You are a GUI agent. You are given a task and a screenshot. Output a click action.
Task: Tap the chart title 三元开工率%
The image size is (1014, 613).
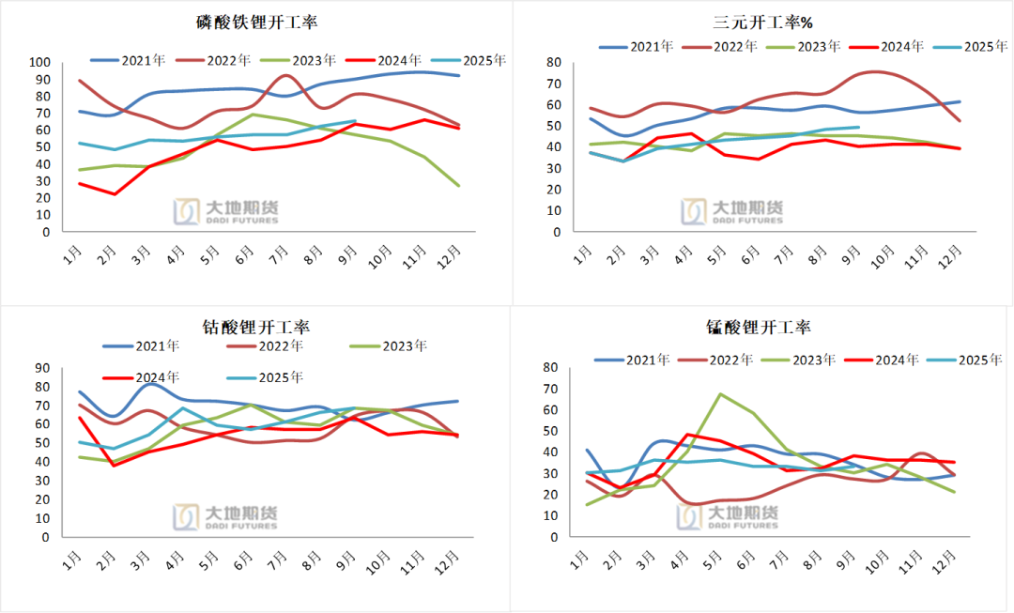coord(762,22)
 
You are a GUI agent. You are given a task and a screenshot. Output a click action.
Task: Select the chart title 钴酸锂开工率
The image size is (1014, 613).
coord(256,327)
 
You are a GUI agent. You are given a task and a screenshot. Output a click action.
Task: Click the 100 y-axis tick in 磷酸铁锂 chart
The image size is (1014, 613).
coord(40,62)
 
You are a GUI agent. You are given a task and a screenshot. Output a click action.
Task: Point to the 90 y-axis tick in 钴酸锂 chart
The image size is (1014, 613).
coord(43,368)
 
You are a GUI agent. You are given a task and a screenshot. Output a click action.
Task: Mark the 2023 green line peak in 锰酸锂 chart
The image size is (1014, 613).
coord(720,394)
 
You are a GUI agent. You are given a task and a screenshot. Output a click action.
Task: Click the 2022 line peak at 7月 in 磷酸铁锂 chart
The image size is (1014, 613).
coord(286,75)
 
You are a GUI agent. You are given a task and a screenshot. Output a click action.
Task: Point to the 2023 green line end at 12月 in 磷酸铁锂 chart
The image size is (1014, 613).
coord(458,186)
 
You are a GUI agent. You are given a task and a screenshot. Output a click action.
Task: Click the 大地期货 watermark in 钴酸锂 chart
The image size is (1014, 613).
coord(225,516)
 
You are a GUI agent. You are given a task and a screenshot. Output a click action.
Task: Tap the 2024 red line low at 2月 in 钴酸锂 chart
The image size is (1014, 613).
coord(115,466)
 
